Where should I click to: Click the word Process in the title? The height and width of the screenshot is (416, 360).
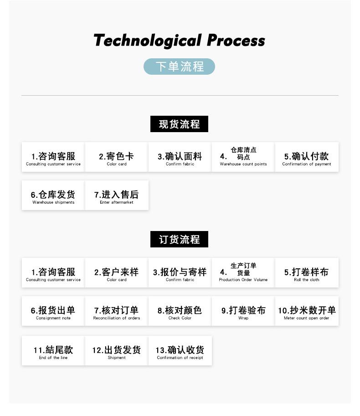point(236,41)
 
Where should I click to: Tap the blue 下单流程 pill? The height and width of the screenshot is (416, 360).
point(179,67)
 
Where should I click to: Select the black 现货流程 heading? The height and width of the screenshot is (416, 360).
point(179,124)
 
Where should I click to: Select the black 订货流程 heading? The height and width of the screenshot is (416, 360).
point(179,239)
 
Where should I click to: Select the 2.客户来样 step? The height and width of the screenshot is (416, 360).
point(116,273)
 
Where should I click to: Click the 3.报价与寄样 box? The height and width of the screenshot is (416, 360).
point(180,273)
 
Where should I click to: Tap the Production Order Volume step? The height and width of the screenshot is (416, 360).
point(243,273)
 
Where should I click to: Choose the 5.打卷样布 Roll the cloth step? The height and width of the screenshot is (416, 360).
point(306,273)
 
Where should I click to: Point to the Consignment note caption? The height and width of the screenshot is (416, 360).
point(53,318)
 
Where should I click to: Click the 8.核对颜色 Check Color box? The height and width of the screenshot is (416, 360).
point(180,311)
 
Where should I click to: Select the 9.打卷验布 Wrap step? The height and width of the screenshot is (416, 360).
point(243,311)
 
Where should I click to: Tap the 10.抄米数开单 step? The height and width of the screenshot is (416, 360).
point(306,311)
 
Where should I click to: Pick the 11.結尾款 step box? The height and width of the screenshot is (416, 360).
point(53,351)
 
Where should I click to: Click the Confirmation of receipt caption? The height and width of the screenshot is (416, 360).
point(180,358)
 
